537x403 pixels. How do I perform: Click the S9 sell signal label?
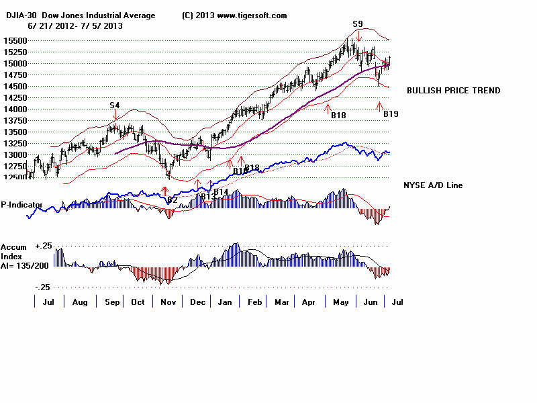click(x=358, y=24)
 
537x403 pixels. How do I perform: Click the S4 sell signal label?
click(x=115, y=105)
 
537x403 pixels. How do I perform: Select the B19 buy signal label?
click(x=391, y=114)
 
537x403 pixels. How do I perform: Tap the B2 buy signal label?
click(x=173, y=199)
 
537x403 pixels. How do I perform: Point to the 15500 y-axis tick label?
click(x=14, y=41)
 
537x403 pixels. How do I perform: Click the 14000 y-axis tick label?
click(x=14, y=109)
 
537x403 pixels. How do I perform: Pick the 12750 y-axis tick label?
click(x=14, y=166)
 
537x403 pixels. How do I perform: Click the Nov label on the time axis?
click(x=167, y=303)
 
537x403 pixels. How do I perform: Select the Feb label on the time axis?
click(x=256, y=303)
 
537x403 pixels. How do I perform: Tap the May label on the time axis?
click(x=342, y=303)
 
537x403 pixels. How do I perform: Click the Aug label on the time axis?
click(x=80, y=303)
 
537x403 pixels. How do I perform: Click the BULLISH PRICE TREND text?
click(x=453, y=91)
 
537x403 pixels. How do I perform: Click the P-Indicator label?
click(x=22, y=204)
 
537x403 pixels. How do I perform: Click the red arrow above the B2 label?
click(x=165, y=191)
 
